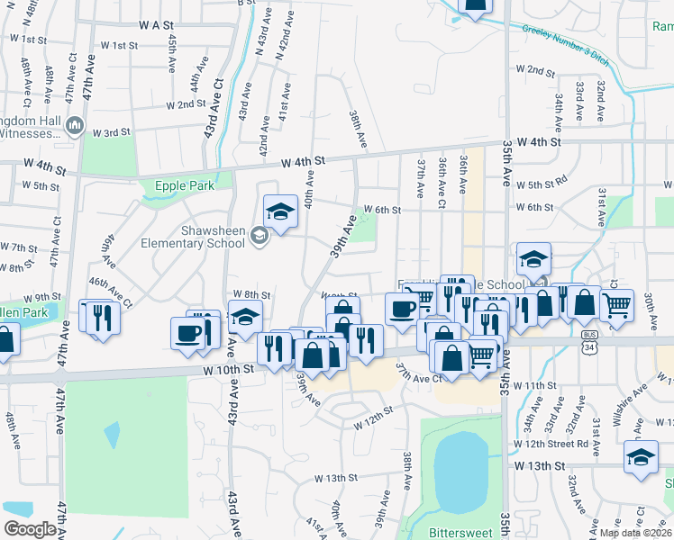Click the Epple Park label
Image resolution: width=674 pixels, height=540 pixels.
185,185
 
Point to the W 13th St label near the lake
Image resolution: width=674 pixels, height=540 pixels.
541,465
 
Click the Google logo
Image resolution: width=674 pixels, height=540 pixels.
30,529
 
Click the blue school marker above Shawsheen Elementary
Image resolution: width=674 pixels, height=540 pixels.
281,212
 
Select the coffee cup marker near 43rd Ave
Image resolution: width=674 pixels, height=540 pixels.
189,332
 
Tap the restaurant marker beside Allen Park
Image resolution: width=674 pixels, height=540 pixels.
99,318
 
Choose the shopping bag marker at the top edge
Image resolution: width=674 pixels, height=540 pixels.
476,5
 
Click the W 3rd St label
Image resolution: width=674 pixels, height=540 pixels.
113,132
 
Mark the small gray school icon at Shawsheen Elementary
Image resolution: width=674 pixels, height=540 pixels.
260,237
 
